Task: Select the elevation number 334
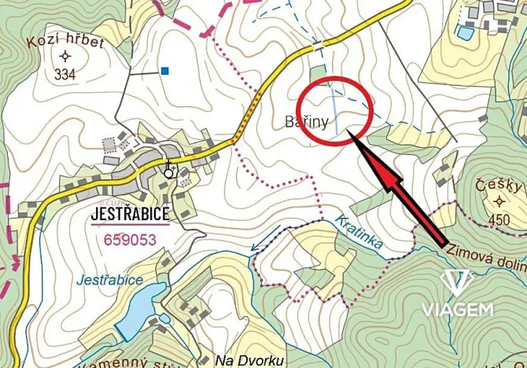tap(65, 75)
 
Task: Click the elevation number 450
tap(499, 219)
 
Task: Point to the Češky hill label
tap(499, 186)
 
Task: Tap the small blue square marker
tap(164, 71)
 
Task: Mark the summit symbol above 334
tap(64, 56)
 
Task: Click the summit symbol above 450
tap(498, 201)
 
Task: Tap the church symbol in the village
tap(168, 168)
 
